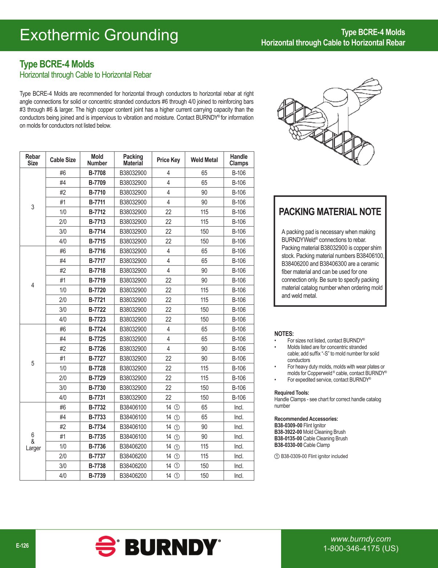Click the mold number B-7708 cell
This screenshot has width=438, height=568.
97,173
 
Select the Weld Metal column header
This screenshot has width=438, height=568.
204,160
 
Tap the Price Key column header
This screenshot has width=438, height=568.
168,160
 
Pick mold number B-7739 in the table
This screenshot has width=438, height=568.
97,476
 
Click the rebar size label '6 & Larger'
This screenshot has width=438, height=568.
33,441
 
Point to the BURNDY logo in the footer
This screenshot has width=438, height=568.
158,547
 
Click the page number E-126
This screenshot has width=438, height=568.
22,546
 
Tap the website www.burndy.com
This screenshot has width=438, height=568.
361,539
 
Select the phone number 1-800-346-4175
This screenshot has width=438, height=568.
361,548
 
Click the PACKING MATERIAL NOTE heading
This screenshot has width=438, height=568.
330,212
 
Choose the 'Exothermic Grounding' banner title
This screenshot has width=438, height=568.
99,35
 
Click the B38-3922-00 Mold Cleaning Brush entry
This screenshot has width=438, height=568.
310,432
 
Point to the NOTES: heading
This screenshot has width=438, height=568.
284,334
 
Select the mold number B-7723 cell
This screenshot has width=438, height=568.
97,320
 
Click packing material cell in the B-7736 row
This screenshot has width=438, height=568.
133,446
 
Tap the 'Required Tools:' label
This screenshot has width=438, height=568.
292,393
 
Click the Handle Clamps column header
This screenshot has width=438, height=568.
239,160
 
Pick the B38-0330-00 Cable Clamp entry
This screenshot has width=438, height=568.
302,445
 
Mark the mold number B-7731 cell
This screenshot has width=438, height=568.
97,398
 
